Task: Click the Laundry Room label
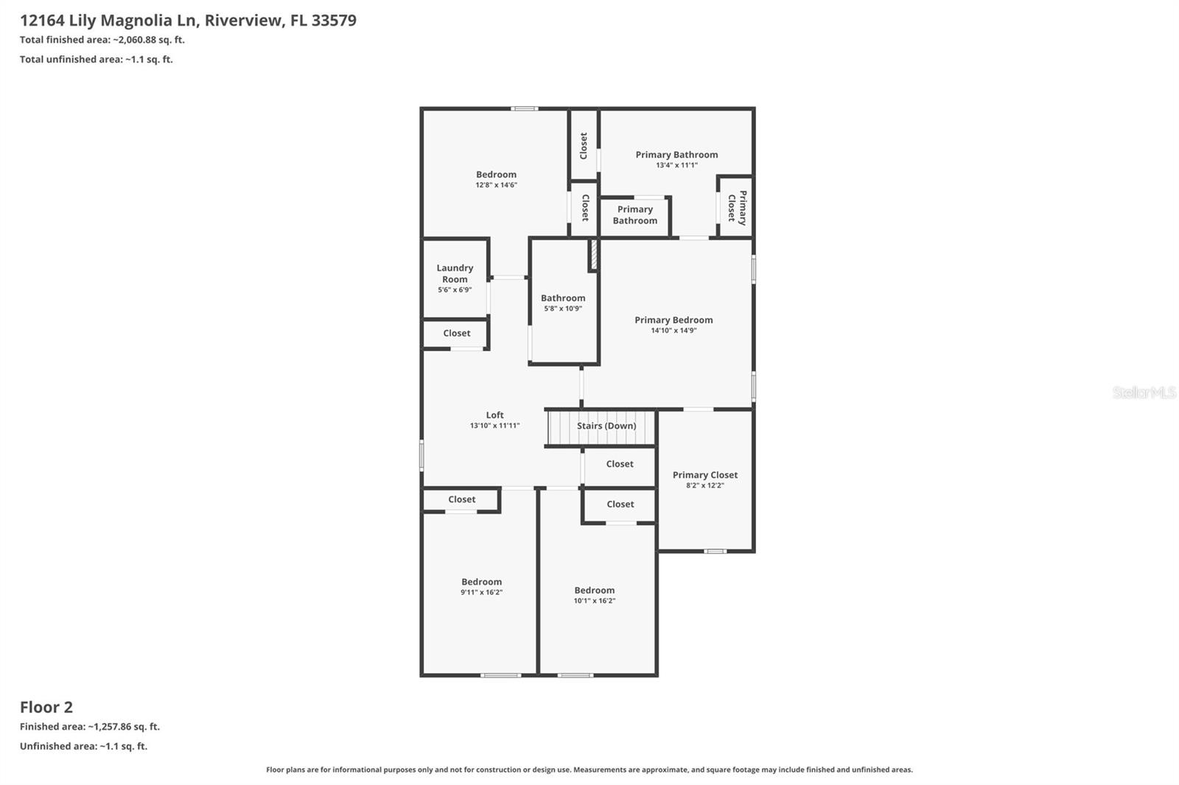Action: tap(455, 273)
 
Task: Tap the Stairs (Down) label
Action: tap(606, 426)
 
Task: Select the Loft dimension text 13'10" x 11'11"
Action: tap(494, 426)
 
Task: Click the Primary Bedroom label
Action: tap(674, 320)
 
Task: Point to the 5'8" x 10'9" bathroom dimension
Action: tap(563, 309)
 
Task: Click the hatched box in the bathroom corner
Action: tap(592, 255)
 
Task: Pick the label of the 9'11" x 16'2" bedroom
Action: tap(481, 582)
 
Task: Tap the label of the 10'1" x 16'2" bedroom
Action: tap(594, 590)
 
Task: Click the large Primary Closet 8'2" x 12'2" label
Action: tap(704, 475)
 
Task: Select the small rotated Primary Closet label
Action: tap(737, 207)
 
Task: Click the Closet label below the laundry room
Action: tap(456, 334)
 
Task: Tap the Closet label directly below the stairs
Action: tap(619, 464)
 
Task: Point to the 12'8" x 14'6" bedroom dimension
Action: tap(496, 185)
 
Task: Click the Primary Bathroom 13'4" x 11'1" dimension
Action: tap(676, 165)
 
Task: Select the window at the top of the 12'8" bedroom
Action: tap(524, 109)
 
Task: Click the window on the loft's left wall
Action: tap(421, 454)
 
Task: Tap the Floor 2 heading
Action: tap(46, 707)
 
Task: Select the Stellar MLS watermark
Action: tap(1144, 392)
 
